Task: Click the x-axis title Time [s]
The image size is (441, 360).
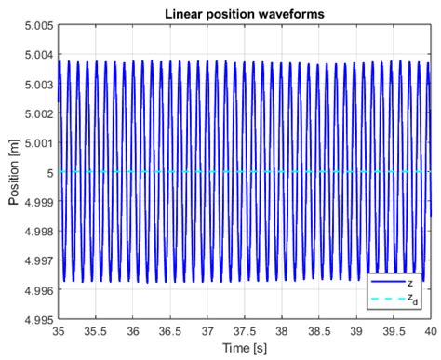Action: [246, 349]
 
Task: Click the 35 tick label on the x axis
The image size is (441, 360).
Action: [59, 331]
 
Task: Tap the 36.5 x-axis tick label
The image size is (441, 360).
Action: [171, 331]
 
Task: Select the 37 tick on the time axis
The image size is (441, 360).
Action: [208, 331]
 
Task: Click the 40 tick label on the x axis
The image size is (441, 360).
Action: [432, 331]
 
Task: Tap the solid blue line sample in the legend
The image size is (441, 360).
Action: [386, 279]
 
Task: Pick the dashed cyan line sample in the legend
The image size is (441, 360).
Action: [386, 297]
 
